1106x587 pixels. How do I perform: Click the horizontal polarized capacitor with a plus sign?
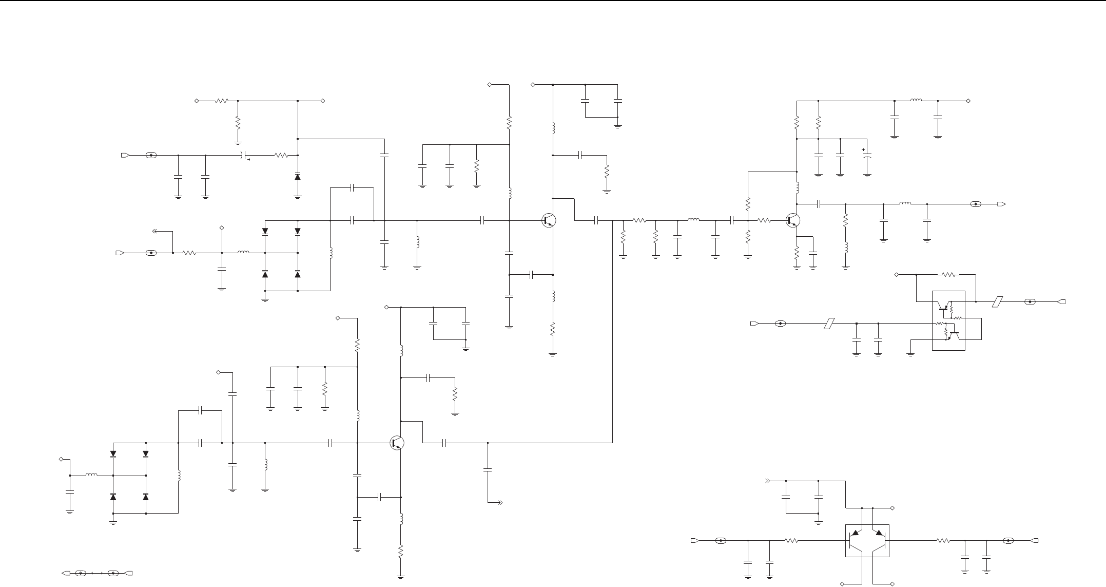point(245,155)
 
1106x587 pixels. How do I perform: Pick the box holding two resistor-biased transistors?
point(948,320)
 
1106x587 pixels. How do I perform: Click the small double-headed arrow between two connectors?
point(98,573)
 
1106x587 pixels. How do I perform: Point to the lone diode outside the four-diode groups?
point(298,177)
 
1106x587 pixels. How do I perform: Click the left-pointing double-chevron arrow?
point(155,232)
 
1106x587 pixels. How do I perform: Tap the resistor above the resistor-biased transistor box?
point(949,275)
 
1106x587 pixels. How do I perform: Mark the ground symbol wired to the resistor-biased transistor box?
point(910,354)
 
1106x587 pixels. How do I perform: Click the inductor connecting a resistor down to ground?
point(845,248)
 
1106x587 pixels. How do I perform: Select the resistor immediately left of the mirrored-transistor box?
point(791,541)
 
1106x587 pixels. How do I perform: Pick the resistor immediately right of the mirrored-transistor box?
point(943,541)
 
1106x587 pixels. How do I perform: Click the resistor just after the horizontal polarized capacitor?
point(281,155)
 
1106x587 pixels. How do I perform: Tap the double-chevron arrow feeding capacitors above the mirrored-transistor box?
point(768,481)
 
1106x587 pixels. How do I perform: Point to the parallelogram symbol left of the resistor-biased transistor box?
point(828,324)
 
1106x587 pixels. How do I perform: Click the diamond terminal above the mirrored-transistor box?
point(892,508)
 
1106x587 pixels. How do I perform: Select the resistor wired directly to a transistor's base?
point(764,221)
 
